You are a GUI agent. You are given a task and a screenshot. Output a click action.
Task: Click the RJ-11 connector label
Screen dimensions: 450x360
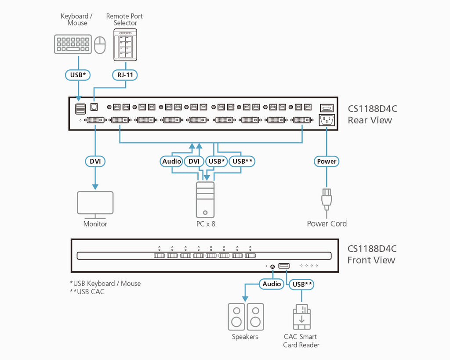125,75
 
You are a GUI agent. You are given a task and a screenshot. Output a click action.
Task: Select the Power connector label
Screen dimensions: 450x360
327,162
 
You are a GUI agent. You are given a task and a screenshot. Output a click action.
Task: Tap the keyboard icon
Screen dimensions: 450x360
73,44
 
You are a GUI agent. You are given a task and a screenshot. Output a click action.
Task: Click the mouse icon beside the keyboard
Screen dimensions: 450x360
100,45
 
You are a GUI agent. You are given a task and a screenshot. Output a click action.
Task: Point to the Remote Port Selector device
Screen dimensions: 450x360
125,45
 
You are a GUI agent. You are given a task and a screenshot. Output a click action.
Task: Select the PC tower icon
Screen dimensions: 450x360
205,200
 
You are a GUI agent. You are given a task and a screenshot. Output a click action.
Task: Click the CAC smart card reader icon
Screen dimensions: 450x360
301,317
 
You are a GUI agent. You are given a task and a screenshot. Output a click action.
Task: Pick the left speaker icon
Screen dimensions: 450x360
236,317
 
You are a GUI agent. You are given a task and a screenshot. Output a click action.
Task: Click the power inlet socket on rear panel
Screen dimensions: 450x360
327,120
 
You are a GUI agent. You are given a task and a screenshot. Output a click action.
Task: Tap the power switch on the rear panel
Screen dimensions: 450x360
327,108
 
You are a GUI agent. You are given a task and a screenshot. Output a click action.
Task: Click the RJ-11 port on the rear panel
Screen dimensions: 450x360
94,107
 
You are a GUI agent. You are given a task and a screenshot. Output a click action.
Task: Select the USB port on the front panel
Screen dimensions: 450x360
284,266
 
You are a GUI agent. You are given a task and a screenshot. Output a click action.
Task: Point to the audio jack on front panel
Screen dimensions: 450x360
272,266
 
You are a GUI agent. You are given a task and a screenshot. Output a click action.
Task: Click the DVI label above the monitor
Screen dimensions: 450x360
95,162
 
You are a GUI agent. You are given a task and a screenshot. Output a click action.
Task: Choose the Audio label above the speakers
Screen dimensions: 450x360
272,284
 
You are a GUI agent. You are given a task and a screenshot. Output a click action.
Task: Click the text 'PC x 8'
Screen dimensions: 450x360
206,224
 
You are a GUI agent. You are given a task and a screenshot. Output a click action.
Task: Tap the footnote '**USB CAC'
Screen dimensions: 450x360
87,292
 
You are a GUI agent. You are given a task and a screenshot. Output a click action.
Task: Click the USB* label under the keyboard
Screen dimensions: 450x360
78,75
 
